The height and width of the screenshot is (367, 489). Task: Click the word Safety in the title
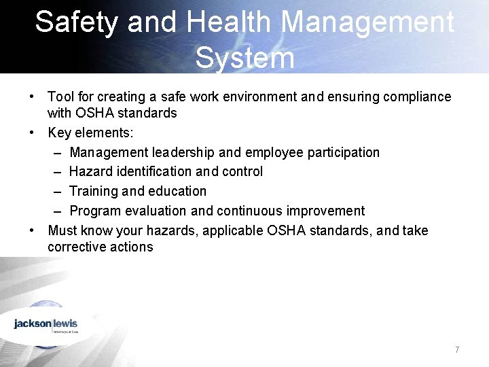77,22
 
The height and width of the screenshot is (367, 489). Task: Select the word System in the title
244,58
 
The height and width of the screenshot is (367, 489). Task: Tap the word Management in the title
367,22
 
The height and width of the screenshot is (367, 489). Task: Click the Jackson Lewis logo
46,324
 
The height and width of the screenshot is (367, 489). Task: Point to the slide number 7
457,350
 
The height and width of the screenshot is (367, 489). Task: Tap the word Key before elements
59,133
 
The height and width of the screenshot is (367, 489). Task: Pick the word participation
344,152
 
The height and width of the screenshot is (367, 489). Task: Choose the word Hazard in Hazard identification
89,172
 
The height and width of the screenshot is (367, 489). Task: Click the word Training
92,192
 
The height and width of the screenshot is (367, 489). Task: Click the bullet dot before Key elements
33,133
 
